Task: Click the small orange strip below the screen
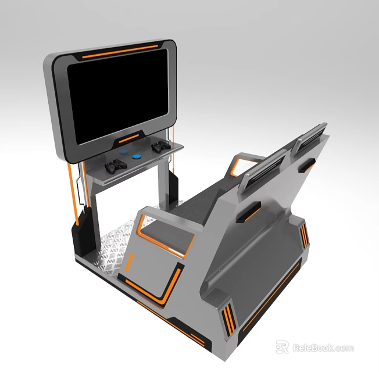[128, 138]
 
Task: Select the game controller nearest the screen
[160, 148]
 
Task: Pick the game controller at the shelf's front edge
[116, 166]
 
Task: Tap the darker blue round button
[137, 156]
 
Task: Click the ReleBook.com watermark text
[323, 348]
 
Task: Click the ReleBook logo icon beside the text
[283, 347]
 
